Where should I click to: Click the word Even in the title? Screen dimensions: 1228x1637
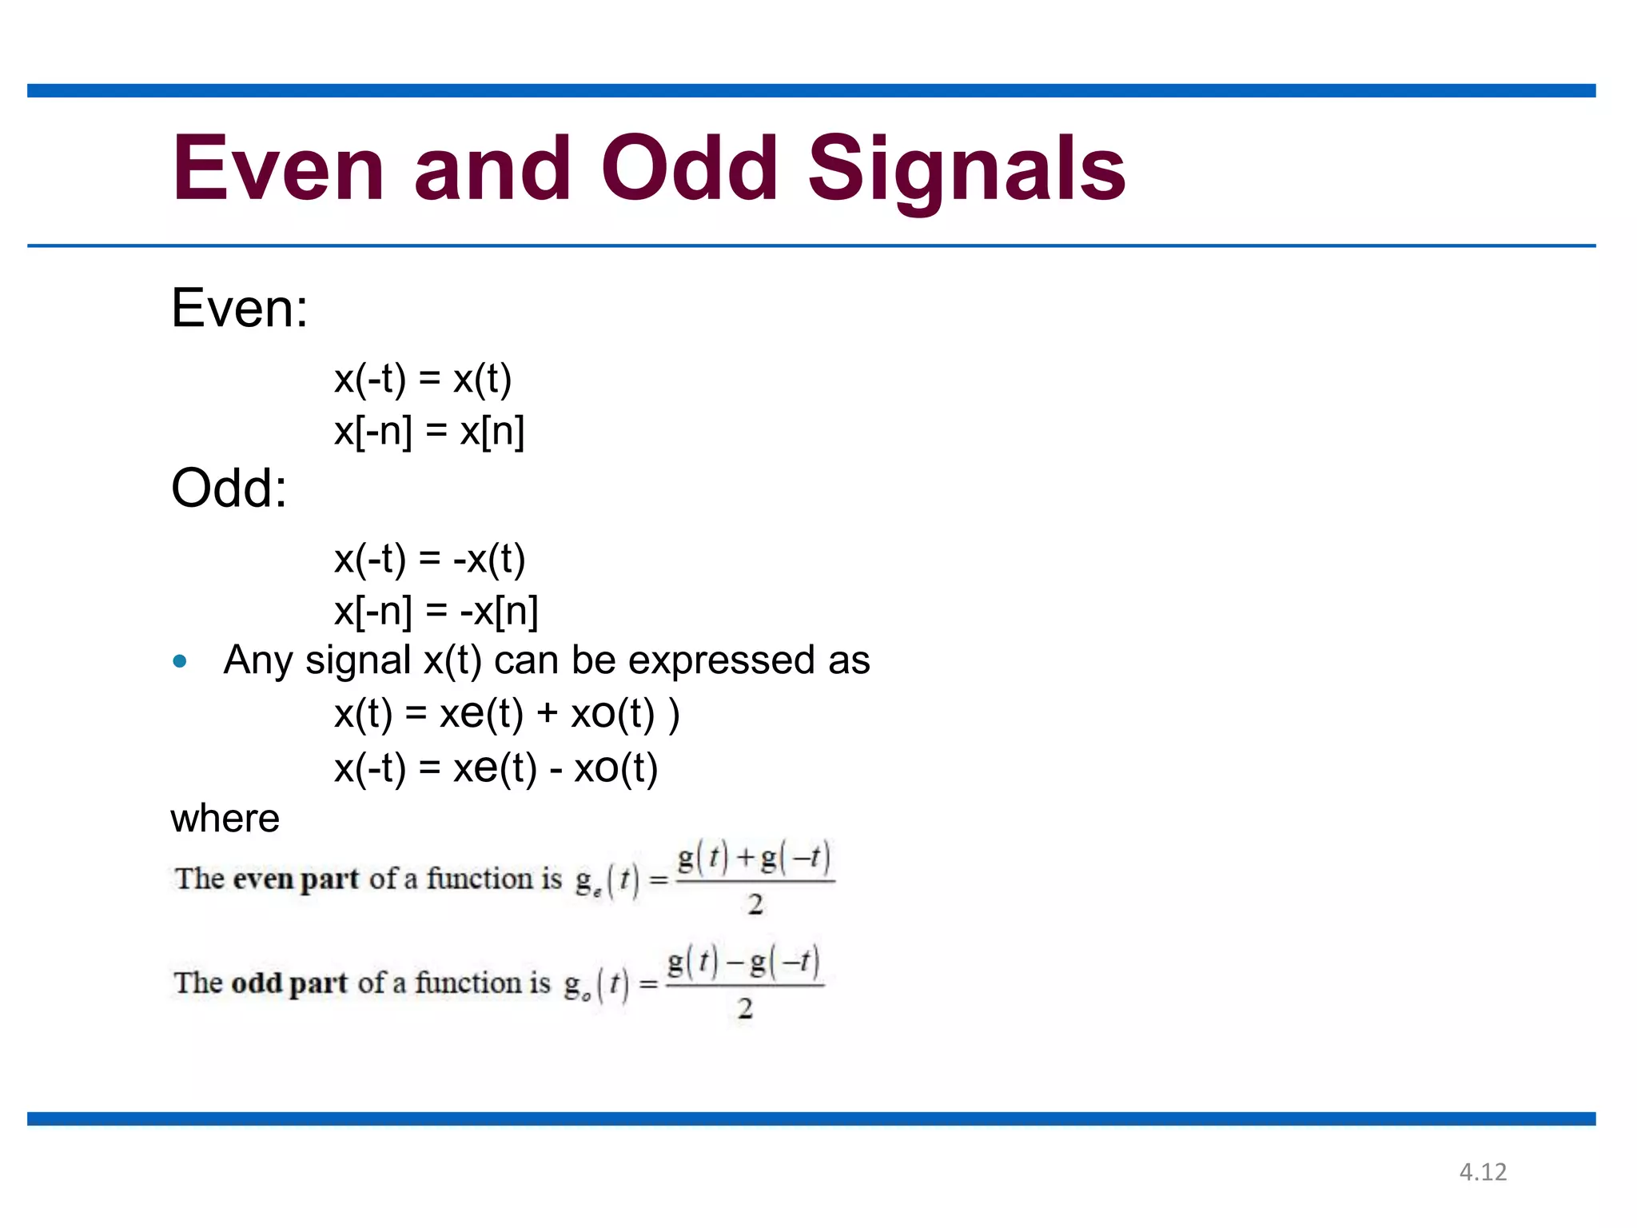[279, 168]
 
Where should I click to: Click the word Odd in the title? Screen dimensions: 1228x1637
[690, 168]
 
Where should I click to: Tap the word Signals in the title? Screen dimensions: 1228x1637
[967, 168]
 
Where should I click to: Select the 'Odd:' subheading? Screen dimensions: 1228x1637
[229, 488]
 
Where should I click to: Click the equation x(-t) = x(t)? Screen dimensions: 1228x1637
[423, 378]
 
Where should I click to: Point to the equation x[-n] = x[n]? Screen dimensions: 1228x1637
[429, 431]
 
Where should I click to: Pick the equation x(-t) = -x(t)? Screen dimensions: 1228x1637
[430, 558]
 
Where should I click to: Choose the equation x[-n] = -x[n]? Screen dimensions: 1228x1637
[436, 611]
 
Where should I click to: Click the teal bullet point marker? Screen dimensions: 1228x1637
[180, 661]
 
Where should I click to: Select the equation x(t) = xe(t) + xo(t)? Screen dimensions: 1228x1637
[507, 713]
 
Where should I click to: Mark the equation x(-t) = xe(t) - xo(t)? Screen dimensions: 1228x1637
[496, 767]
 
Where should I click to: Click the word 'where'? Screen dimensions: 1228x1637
[225, 818]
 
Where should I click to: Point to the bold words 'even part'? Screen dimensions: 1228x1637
[296, 879]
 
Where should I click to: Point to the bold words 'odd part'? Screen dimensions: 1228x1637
[289, 983]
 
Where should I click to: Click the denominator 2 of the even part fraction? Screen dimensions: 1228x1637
[755, 905]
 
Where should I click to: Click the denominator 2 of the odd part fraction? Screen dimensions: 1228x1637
[745, 1008]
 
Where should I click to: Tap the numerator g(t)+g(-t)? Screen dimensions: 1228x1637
[755, 858]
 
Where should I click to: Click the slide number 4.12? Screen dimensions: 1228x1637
[1483, 1172]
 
